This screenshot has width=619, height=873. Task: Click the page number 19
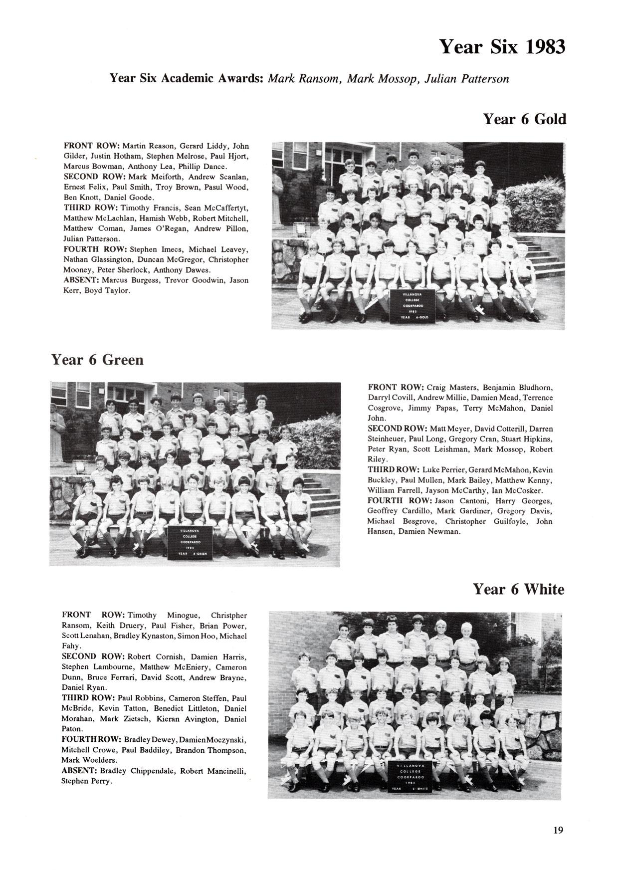558,830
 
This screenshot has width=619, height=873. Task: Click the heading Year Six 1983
502,47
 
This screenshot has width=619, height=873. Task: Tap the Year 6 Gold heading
524,119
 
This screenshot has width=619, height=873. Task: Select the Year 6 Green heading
97,360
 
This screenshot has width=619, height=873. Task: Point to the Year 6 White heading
518,589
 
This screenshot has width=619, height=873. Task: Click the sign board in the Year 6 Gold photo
413,305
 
